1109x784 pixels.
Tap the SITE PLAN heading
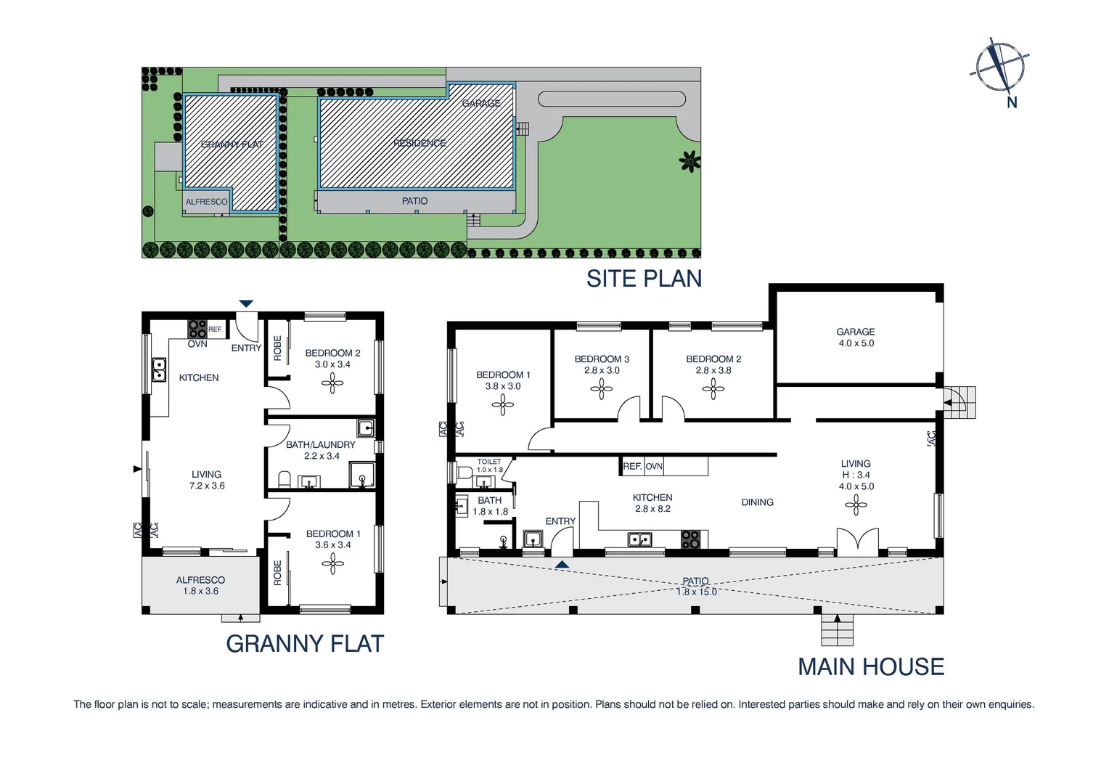click(x=644, y=279)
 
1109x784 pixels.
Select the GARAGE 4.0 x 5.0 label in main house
click(x=856, y=338)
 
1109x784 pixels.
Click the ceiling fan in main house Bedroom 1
click(x=503, y=405)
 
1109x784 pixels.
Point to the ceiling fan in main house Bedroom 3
click(x=602, y=390)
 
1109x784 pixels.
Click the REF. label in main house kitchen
click(x=632, y=466)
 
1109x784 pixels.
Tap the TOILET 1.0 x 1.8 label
click(x=489, y=465)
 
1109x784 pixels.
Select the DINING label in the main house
click(x=757, y=502)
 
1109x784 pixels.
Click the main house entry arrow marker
click(x=562, y=564)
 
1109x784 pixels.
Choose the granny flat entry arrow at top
click(x=247, y=303)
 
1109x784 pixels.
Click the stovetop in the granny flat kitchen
click(x=197, y=329)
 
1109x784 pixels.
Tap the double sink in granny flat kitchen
click(x=159, y=369)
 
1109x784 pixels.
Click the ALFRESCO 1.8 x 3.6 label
click(x=200, y=585)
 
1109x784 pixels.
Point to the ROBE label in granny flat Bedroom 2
click(x=277, y=348)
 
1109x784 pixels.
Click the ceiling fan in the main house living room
click(x=856, y=505)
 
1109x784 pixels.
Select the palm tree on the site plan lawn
click(x=689, y=161)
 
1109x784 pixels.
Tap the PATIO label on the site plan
click(x=414, y=201)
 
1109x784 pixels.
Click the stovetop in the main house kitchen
click(x=690, y=539)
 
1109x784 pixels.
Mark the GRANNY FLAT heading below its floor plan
click(x=305, y=644)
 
